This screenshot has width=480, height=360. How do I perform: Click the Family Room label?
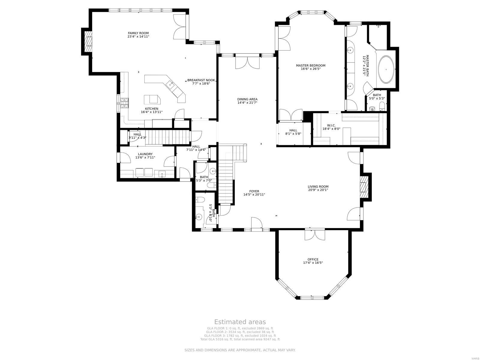coord(138,33)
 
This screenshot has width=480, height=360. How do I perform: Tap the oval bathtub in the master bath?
coord(386,70)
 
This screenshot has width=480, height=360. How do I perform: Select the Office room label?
coord(313,259)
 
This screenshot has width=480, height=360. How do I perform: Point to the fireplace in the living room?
coord(364,187)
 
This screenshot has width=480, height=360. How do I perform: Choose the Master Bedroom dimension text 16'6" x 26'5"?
coord(310,69)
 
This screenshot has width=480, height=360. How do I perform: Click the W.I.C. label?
coord(331,125)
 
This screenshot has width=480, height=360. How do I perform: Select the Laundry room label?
coord(145,154)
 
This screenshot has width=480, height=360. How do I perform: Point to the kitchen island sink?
coord(171,85)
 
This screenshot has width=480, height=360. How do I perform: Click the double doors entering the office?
coord(315,234)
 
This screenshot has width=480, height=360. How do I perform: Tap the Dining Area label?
coord(247,99)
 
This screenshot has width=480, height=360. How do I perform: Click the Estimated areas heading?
coord(240,322)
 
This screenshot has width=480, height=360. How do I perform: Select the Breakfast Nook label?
coord(201,80)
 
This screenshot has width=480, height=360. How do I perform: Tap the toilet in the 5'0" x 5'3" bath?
coord(382,106)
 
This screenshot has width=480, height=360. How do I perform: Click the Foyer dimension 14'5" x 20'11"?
coord(254,194)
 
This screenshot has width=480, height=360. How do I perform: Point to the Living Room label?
coord(318,186)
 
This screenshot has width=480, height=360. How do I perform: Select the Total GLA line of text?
coord(240,339)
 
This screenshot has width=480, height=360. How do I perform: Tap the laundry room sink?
coord(162,173)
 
